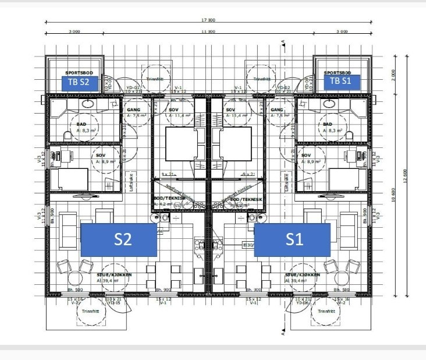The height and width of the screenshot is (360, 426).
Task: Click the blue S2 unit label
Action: click(119, 239)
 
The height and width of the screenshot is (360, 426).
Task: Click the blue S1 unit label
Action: click(292, 239)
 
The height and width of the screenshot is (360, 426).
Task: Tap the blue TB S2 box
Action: click(79, 82)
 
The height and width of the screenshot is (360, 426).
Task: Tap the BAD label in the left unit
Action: click(81, 124)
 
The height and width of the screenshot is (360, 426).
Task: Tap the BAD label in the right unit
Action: click(327, 124)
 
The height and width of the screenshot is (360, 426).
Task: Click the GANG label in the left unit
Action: click(133, 110)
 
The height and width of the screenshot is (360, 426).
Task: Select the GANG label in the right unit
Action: click(277, 110)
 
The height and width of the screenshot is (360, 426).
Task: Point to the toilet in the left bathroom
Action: click(68, 136)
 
